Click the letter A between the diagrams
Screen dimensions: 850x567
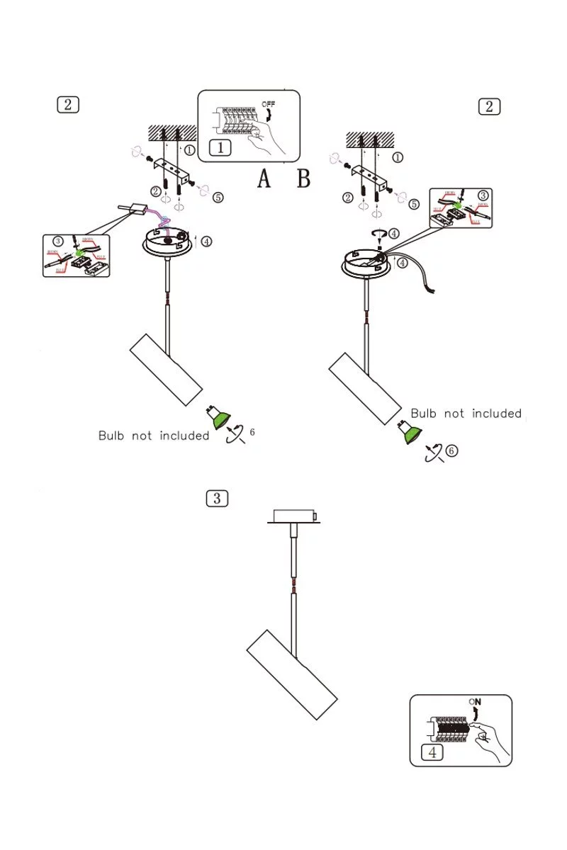coord(264,179)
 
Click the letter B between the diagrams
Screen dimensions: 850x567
coord(303,179)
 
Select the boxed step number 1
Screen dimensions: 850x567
coord(220,148)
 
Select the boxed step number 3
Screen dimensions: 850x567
coord(217,498)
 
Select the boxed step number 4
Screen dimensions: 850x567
coord(432,752)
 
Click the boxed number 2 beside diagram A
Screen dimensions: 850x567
coord(67,105)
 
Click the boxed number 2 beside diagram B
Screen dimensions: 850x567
coord(489,106)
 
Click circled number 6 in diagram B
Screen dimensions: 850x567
coord(451,451)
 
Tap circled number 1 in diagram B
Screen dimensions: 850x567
coord(398,157)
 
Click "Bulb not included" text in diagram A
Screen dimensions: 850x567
coord(154,436)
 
